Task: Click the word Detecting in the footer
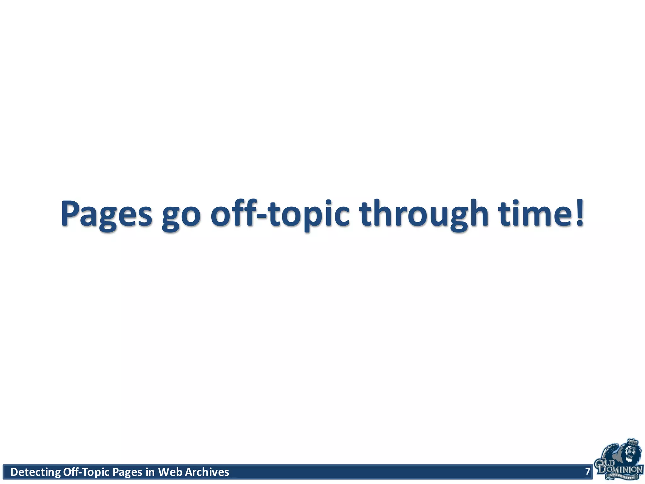pyautogui.click(x=35, y=472)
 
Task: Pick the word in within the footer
pyautogui.click(x=150, y=472)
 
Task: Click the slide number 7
pyautogui.click(x=587, y=471)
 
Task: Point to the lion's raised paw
pyautogui.click(x=612, y=447)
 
